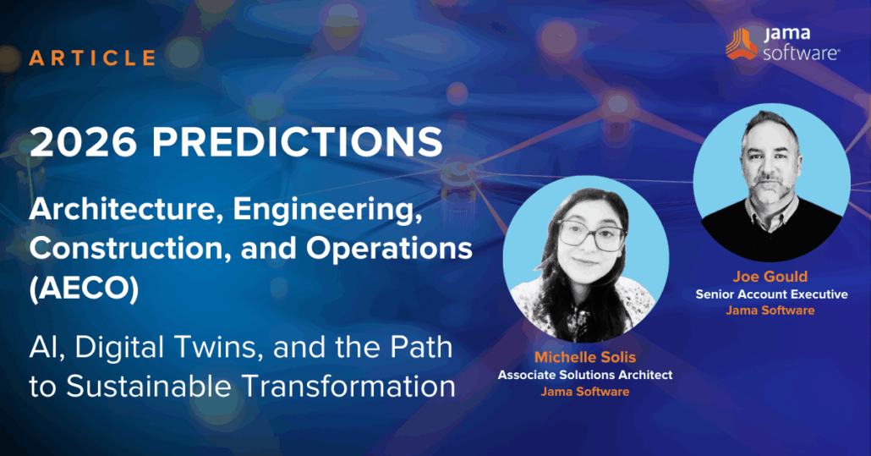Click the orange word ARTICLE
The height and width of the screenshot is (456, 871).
tap(93, 58)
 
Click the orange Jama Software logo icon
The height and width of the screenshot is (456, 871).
tap(742, 43)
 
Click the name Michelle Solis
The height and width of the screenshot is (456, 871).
tap(585, 357)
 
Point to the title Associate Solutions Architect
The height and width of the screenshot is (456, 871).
tap(585, 375)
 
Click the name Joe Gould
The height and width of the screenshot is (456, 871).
tap(770, 277)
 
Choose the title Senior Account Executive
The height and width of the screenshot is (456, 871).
tap(771, 294)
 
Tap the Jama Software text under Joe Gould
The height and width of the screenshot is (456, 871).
tap(770, 310)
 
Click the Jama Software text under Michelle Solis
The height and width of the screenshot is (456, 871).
tap(585, 391)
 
